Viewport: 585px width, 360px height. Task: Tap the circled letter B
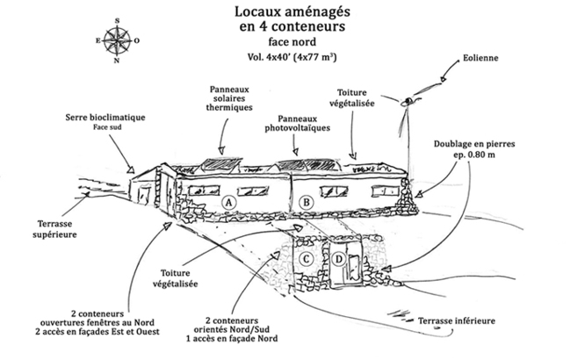coord(307,202)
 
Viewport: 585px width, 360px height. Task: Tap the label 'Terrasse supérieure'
coord(40,229)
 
